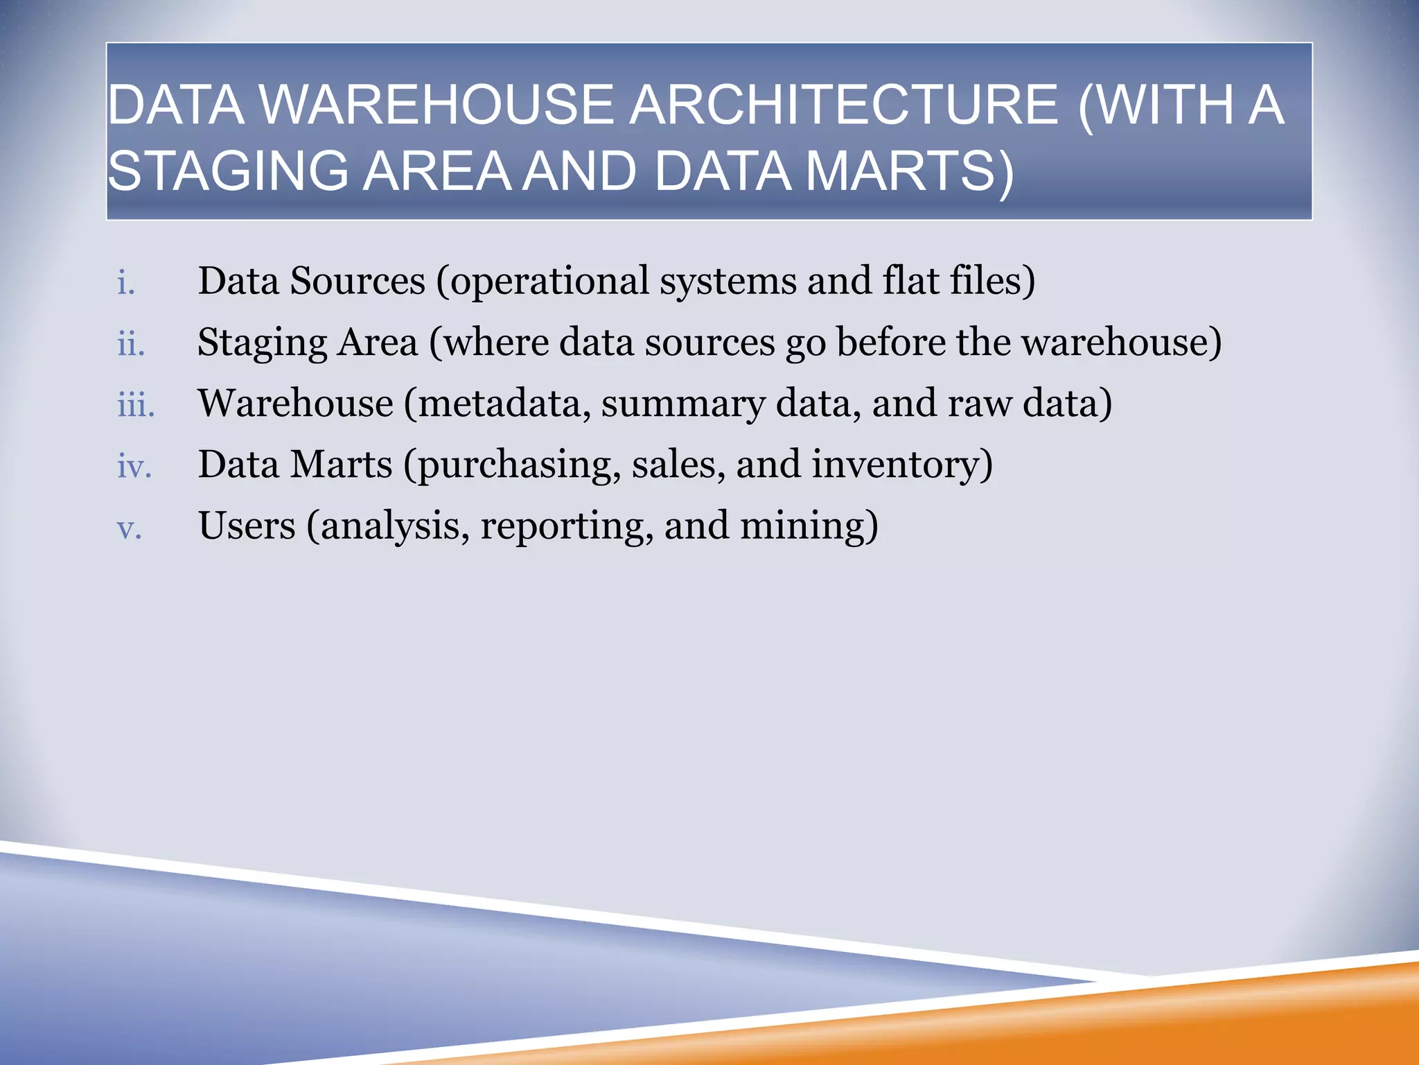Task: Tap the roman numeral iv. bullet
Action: click(134, 466)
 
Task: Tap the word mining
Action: click(804, 527)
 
